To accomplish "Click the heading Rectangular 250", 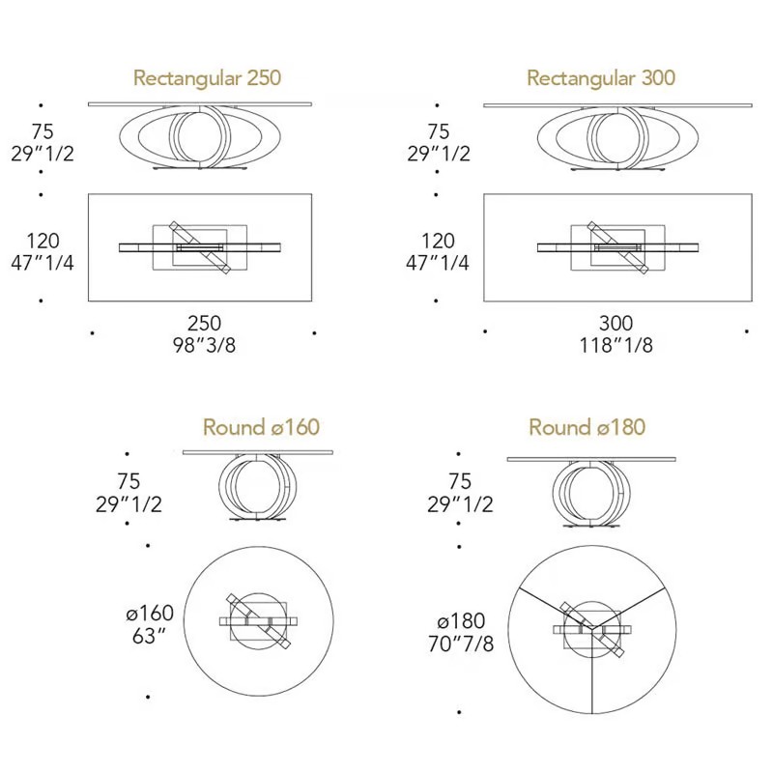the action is pos(207,78).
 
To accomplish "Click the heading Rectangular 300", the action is pos(601,78).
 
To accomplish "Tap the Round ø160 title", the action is pos(261,427).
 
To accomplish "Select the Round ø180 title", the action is pos(587,427).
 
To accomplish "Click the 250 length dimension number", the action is pos(204,324).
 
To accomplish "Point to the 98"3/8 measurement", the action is pos(204,345).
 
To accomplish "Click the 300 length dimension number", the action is pos(616,324).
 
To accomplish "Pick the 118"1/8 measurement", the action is pos(616,345).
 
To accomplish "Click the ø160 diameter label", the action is pos(150,614).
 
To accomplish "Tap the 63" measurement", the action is pos(149,636).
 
